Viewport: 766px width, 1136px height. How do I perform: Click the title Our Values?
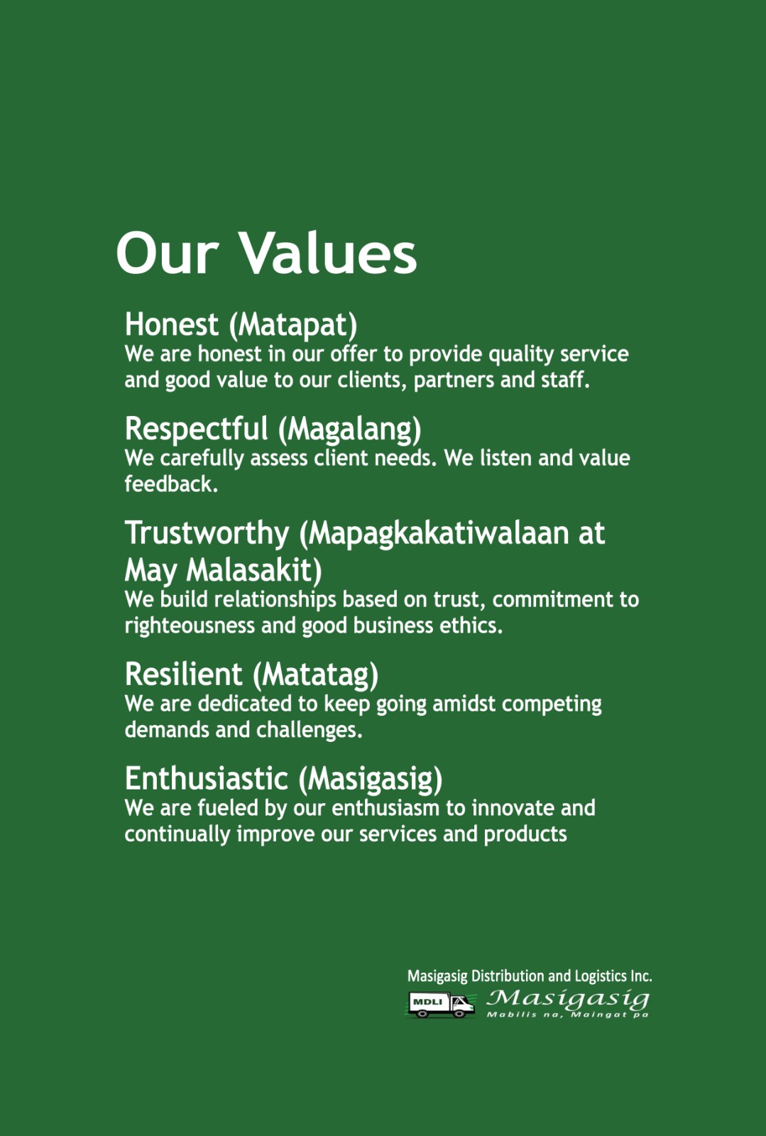[266, 253]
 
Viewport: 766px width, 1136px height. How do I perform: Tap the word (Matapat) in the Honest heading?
[293, 325]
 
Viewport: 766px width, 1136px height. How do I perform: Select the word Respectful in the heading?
[196, 430]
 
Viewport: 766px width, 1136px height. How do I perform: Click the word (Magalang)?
[350, 430]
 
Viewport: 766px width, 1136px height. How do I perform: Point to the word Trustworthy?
[207, 534]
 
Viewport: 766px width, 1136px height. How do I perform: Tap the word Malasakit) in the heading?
[253, 571]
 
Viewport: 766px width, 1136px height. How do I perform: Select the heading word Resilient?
[184, 674]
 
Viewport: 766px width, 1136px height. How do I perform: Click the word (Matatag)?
[315, 675]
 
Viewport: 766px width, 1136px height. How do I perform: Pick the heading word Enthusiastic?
[207, 779]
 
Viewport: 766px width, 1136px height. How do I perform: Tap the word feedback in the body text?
[171, 484]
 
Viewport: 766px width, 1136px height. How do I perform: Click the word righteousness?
[190, 626]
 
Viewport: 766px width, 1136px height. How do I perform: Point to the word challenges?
[310, 731]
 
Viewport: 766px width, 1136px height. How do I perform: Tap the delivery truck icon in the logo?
[441, 1005]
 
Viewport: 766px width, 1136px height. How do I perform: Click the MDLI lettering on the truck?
[427, 1002]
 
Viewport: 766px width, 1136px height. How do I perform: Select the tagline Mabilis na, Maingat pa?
[568, 1015]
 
